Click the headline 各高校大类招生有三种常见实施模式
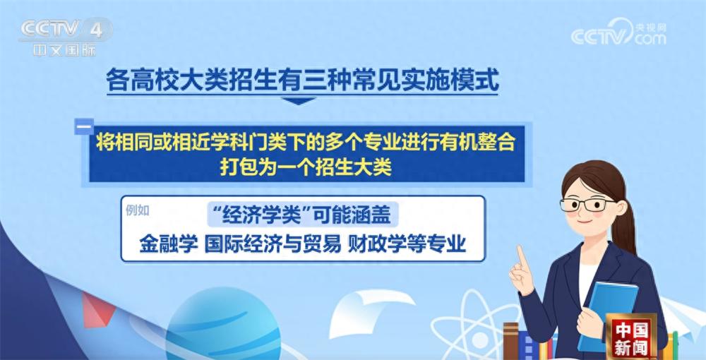[302, 80]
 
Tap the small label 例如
[138, 210]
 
